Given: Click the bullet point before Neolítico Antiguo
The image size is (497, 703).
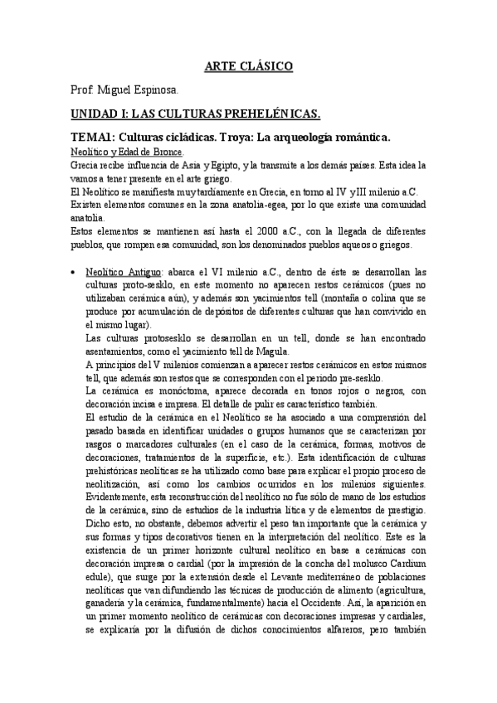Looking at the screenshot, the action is pyautogui.click(x=76, y=271).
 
